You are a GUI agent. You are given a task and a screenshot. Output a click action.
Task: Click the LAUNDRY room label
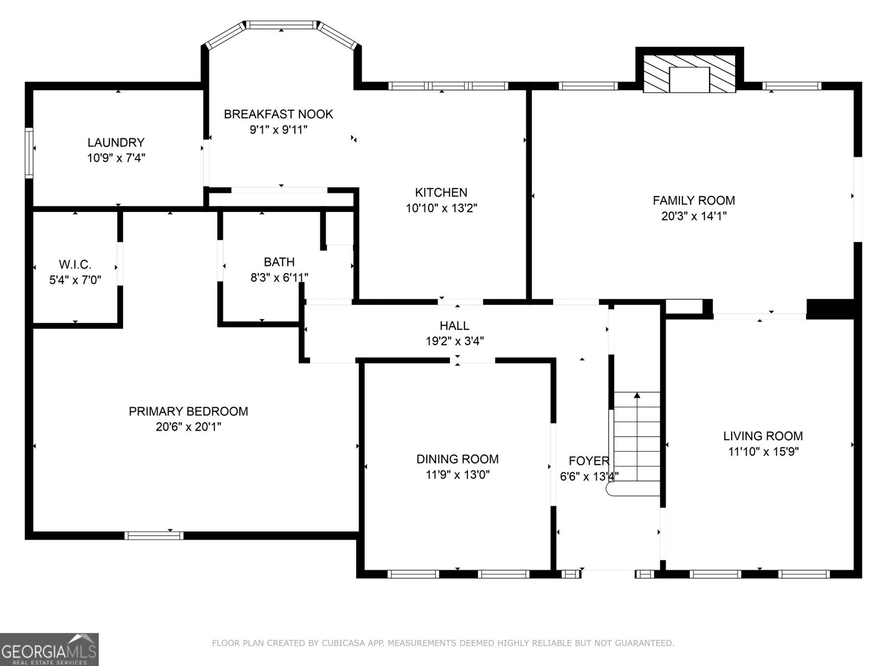(116, 142)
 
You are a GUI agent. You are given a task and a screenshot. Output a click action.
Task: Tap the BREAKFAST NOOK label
(278, 114)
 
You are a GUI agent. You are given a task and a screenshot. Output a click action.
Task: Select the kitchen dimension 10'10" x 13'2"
(441, 208)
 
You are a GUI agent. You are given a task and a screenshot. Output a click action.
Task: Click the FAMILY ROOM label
(694, 200)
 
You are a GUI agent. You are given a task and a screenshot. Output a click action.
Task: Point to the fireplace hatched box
(689, 74)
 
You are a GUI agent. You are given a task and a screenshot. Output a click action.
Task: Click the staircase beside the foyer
(637, 438)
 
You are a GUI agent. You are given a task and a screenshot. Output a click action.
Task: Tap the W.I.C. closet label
(75, 264)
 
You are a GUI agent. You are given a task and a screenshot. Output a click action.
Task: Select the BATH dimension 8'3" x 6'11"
(279, 277)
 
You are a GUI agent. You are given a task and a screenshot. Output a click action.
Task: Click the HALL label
(455, 326)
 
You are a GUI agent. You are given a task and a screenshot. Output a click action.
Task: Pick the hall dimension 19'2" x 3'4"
(455, 341)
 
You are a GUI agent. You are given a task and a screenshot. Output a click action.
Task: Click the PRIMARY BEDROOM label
(188, 411)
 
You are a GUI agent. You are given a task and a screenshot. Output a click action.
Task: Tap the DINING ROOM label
(457, 459)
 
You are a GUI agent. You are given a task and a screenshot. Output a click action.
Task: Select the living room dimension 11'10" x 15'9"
(763, 452)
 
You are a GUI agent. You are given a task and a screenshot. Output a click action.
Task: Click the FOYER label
(589, 461)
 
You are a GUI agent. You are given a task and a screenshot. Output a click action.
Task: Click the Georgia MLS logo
(49, 649)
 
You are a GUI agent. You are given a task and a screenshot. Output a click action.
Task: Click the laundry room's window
(29, 153)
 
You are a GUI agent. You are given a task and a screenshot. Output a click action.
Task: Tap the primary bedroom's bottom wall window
(154, 536)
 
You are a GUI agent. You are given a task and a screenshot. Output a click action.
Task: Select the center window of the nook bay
(281, 25)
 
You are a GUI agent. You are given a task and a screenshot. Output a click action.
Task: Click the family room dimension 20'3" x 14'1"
(694, 216)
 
